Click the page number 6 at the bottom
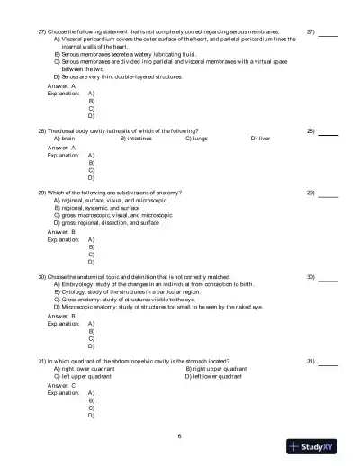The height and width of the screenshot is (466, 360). point(180,436)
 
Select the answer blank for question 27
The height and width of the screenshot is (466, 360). point(328,30)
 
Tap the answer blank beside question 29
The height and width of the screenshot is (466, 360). point(328,193)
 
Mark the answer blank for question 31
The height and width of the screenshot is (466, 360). point(328,361)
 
